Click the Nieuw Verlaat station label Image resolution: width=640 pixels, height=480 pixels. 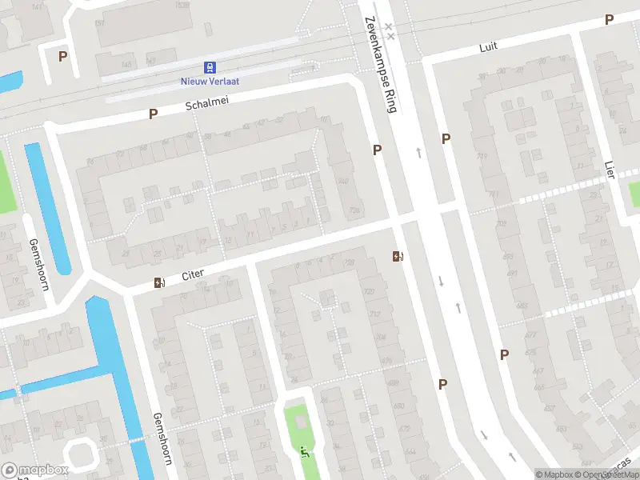(210, 80)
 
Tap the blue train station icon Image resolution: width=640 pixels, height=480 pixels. (210, 67)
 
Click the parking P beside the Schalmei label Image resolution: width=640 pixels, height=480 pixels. (153, 114)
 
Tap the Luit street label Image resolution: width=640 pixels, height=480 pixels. (488, 46)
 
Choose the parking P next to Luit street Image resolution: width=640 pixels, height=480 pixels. (610, 20)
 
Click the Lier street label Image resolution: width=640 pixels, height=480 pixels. (610, 170)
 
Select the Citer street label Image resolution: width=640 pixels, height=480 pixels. (193, 274)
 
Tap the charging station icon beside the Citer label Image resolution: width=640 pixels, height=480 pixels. (158, 282)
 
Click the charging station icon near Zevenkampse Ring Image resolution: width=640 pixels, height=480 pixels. (397, 256)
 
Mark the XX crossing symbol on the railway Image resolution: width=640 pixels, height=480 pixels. (390, 31)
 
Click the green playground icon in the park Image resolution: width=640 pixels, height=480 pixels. (303, 452)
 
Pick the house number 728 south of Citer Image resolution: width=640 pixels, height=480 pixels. (349, 262)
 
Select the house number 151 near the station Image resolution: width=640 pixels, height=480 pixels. (99, 23)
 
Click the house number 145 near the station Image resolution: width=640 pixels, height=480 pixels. (126, 64)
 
